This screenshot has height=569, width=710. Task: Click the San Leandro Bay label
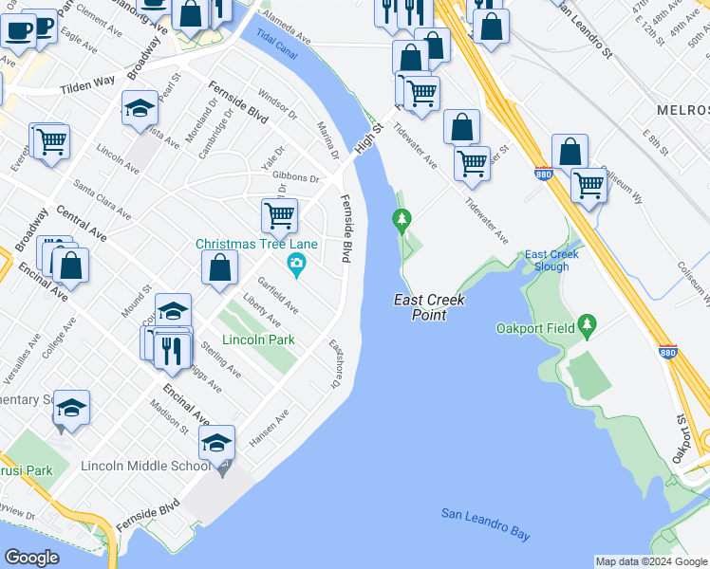coord(485,525)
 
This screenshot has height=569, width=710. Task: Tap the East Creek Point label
coord(420,307)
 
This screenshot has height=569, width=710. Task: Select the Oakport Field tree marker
coord(588,326)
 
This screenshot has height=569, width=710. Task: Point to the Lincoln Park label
coord(258,340)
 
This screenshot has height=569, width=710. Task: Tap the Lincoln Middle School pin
coord(224,468)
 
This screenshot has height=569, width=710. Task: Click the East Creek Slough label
coord(548,261)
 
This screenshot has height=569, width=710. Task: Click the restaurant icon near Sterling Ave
coord(172,350)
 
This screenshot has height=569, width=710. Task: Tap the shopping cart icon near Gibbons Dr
coord(279,215)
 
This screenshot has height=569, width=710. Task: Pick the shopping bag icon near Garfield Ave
coord(220,269)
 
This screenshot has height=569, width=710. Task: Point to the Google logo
coord(32,558)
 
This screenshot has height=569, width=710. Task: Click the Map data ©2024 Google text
coord(650,561)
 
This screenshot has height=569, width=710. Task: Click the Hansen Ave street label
coord(269,430)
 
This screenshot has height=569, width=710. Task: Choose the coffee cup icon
coord(18,29)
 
